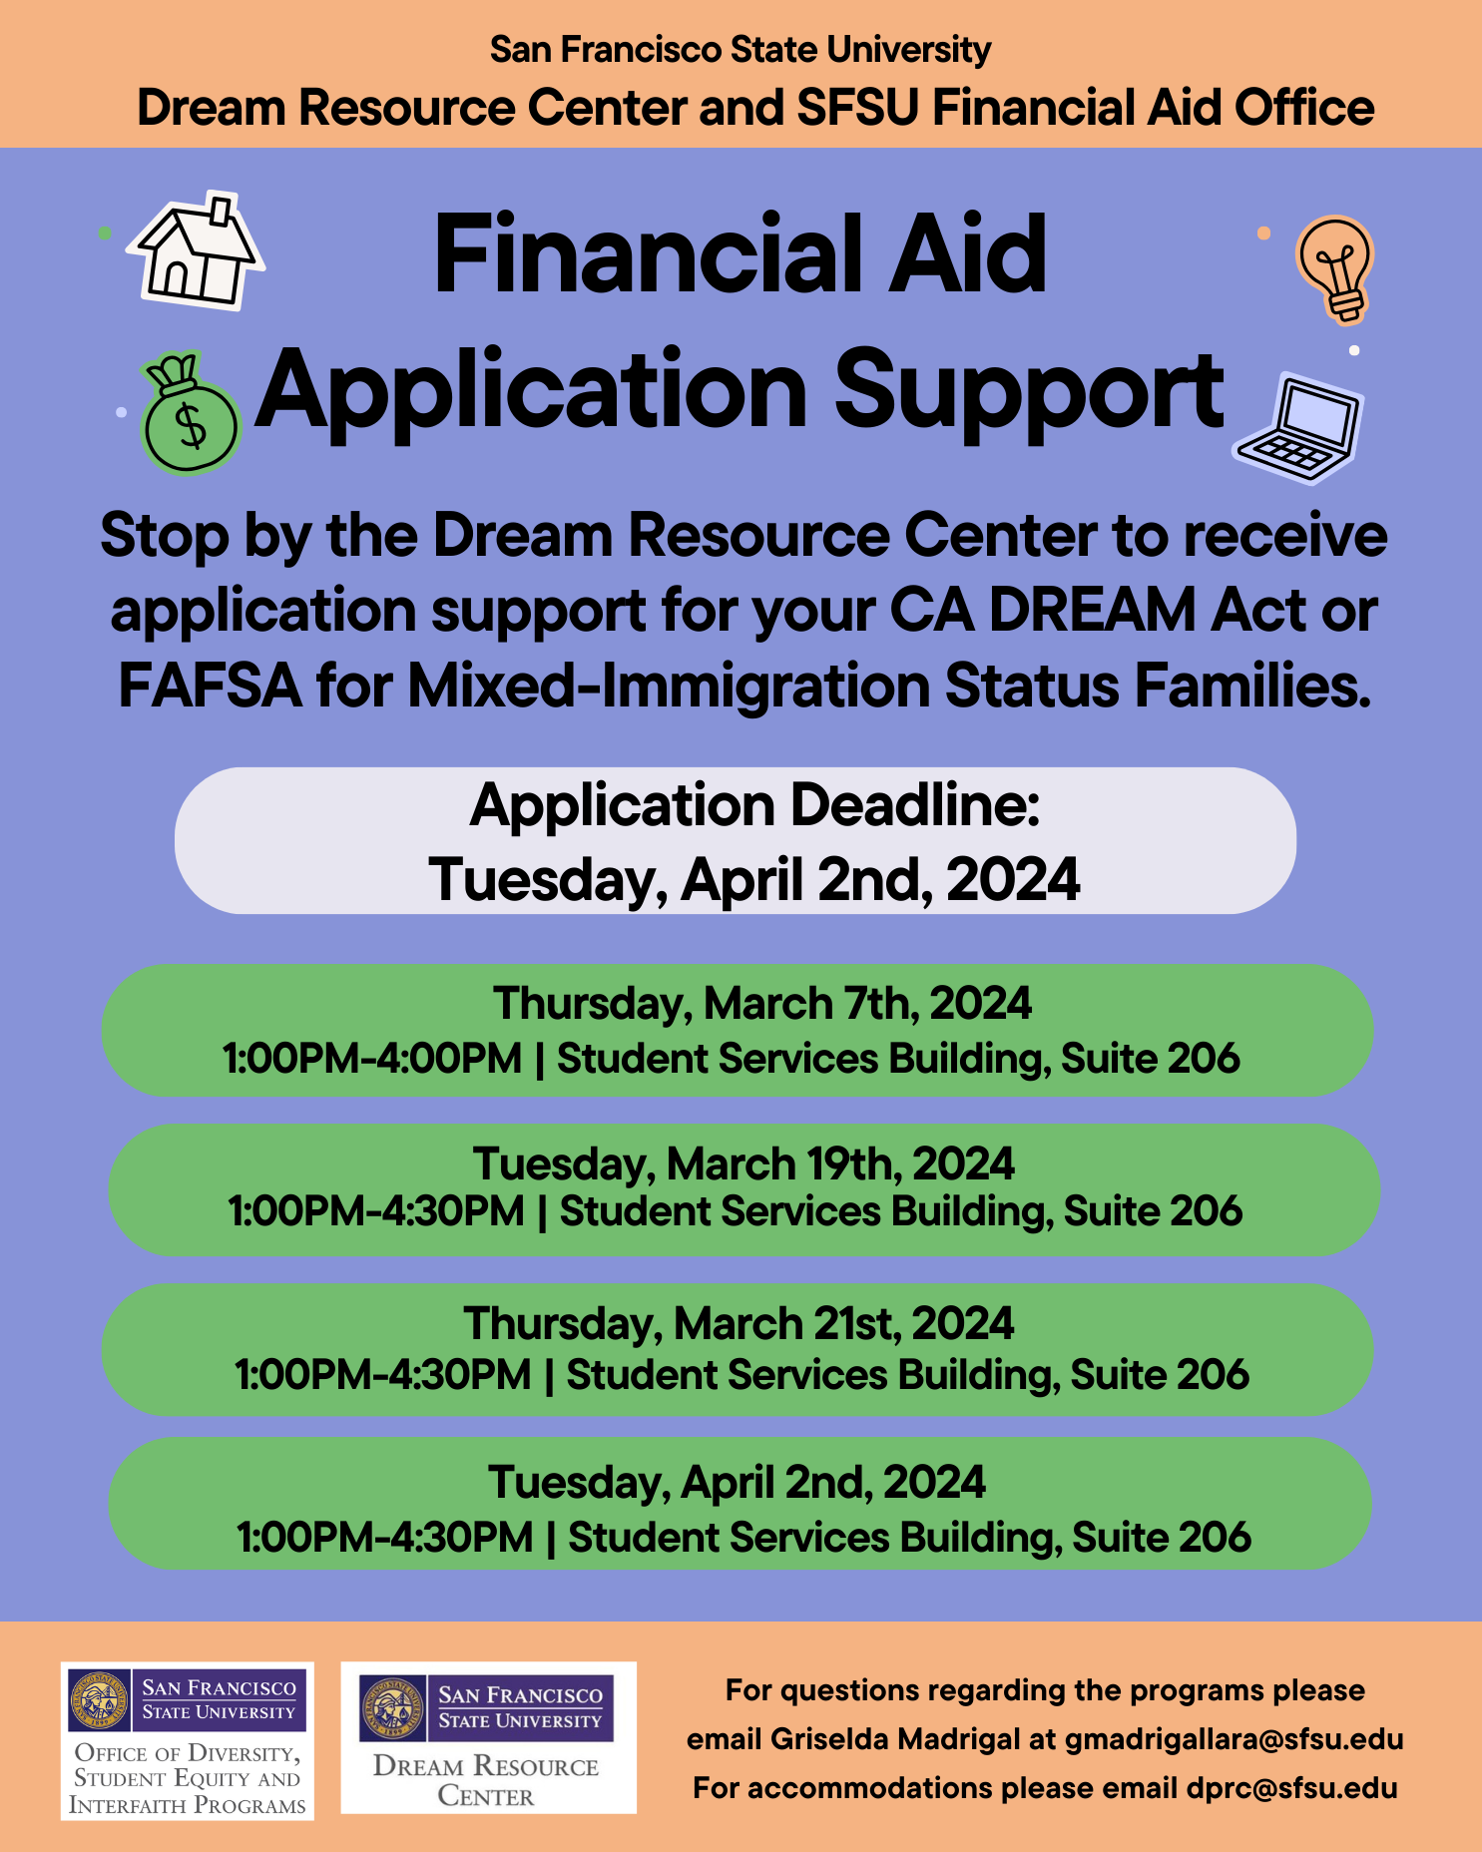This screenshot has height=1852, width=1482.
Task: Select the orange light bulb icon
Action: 1335,267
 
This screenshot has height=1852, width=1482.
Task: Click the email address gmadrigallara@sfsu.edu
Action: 1234,1739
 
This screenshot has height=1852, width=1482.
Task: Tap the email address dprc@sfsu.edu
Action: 1291,1787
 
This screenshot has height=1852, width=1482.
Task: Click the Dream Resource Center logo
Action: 488,1738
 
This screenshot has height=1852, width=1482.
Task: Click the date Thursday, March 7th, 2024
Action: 762,1003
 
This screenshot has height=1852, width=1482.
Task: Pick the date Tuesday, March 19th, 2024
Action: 743,1163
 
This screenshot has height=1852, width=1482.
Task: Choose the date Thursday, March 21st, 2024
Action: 739,1324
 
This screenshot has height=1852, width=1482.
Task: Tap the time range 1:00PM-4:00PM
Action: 372,1059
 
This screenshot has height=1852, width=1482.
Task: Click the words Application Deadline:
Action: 754,805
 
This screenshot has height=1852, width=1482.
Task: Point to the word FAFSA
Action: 210,687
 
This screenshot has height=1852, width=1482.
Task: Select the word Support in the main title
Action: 1028,391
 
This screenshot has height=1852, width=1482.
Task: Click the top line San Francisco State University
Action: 741,49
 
